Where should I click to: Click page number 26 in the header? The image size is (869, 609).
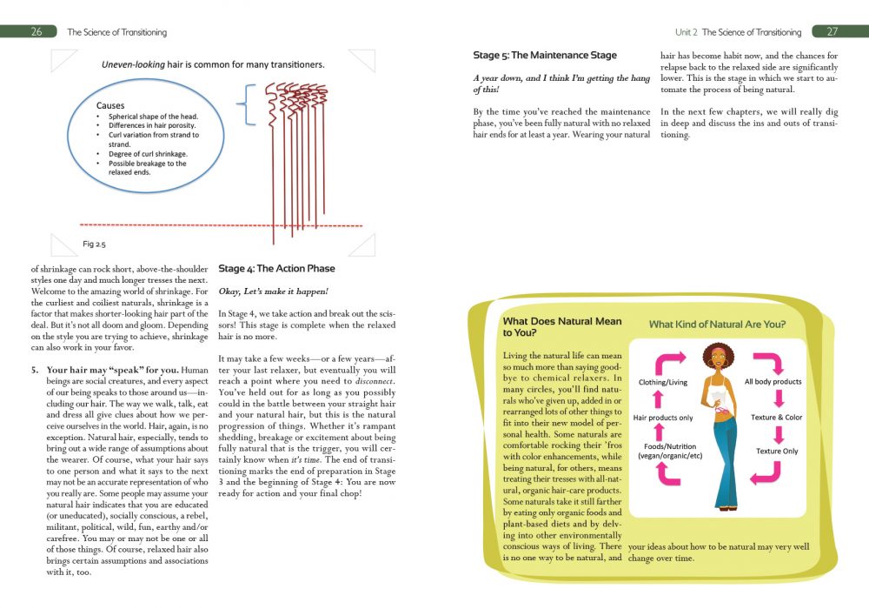pyautogui.click(x=36, y=32)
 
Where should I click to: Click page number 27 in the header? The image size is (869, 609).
pyautogui.click(x=832, y=32)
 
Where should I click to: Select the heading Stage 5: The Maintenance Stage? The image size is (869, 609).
pyautogui.click(x=545, y=56)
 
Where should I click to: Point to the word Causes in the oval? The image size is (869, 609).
pyautogui.click(x=110, y=106)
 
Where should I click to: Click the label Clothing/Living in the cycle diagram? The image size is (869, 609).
pyautogui.click(x=663, y=381)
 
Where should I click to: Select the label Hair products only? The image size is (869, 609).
pyautogui.click(x=662, y=418)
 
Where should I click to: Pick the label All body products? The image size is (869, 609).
pyautogui.click(x=773, y=381)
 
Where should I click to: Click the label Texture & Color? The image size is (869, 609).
pyautogui.click(x=776, y=418)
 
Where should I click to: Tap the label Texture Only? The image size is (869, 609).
pyautogui.click(x=776, y=452)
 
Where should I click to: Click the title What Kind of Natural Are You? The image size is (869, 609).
pyautogui.click(x=717, y=325)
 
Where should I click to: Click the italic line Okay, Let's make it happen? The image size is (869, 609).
pyautogui.click(x=273, y=291)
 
